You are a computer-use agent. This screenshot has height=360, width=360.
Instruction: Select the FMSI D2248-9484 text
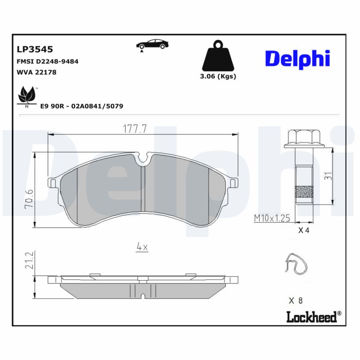(47, 61)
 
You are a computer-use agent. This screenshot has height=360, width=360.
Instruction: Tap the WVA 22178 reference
(36, 72)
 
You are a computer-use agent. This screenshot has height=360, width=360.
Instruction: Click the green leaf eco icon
(27, 96)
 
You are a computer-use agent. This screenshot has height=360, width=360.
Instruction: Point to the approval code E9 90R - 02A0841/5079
(81, 106)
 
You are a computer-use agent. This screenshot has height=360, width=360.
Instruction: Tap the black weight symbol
(218, 57)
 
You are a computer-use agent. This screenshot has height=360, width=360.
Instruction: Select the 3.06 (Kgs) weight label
(218, 76)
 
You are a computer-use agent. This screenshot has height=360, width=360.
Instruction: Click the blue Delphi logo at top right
(297, 58)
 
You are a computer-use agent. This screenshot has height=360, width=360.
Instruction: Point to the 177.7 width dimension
(135, 129)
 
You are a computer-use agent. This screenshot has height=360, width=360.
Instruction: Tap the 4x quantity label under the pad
(142, 247)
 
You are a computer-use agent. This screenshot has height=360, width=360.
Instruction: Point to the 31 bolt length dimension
(328, 176)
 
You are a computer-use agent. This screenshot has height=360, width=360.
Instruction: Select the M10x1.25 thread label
(271, 218)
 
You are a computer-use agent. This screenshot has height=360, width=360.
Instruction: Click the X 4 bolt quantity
(304, 230)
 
